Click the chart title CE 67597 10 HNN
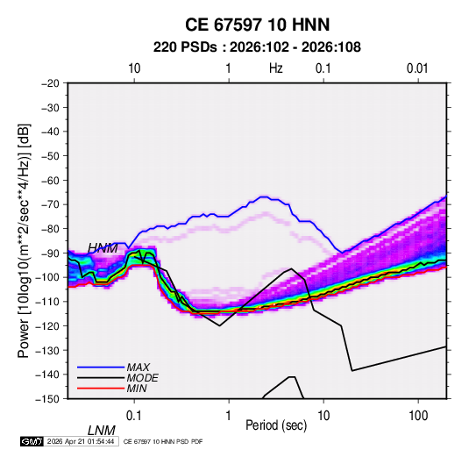coord(257,25)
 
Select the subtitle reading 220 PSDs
coord(185,47)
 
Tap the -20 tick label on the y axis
coord(50,83)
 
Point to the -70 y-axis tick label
coord(50,204)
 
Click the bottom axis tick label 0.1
coord(134,416)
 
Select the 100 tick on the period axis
coord(418,416)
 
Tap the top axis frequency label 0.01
coord(417,68)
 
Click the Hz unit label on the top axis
coord(276,68)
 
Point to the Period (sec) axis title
coord(276,425)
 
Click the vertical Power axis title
coord(24,241)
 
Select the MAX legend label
coord(139,368)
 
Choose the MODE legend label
coord(142,378)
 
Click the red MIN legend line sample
coord(101,389)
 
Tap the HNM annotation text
coord(103,248)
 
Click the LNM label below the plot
coord(102,431)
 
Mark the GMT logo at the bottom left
coord(32,441)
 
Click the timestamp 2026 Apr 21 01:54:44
coord(81,441)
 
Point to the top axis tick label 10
coord(134,68)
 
